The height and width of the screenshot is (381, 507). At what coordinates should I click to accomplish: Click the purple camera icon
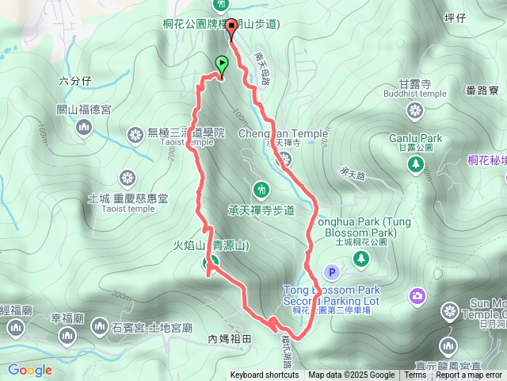[417, 296]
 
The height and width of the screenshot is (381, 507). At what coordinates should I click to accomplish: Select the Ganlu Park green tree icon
[415, 164]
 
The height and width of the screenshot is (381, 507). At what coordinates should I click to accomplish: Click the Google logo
[30, 370]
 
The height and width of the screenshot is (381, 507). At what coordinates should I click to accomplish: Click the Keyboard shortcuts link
[265, 375]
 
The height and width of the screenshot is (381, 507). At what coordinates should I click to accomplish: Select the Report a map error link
[470, 375]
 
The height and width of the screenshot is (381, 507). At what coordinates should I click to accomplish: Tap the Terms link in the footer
[415, 375]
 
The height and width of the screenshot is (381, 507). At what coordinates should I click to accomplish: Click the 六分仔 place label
[75, 81]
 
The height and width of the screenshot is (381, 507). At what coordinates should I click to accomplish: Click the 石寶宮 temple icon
[100, 325]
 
